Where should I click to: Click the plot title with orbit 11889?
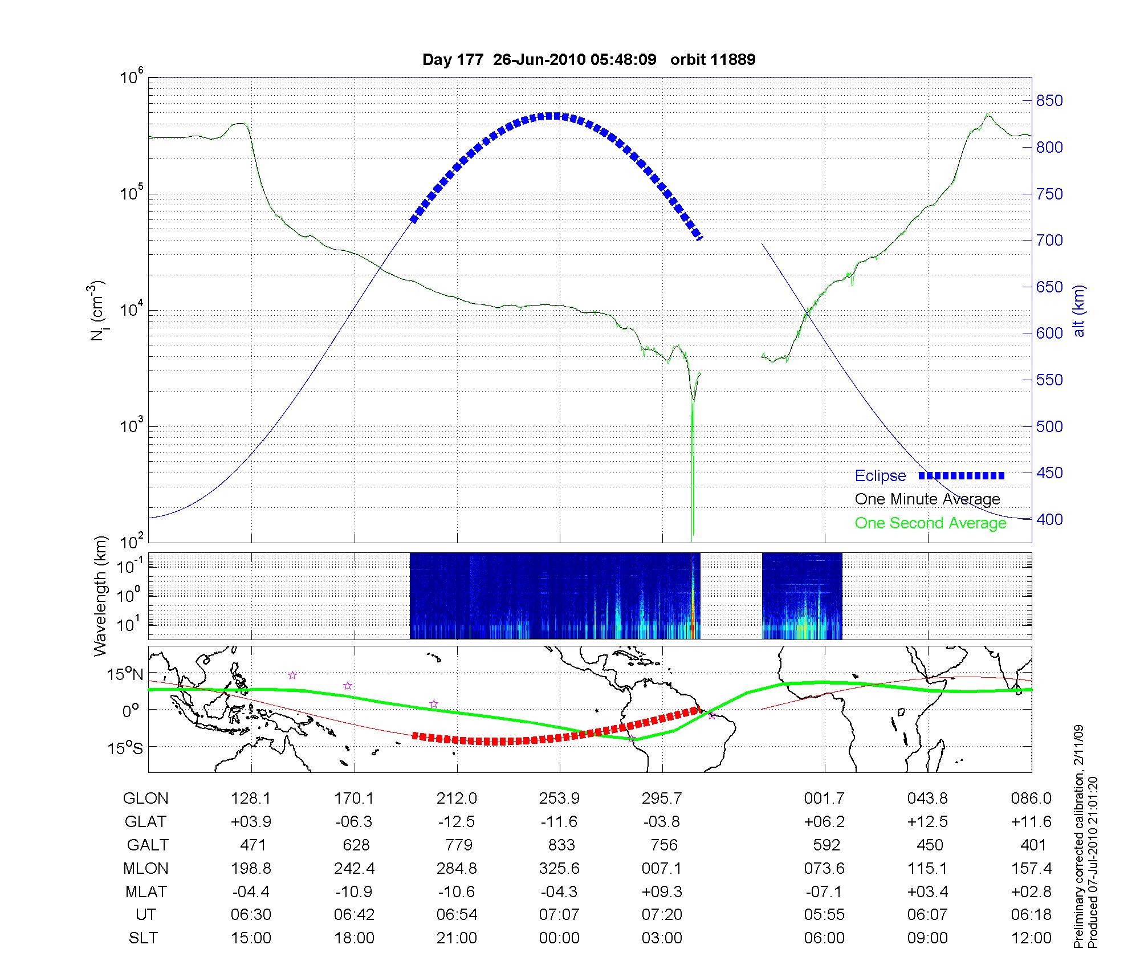coord(589,60)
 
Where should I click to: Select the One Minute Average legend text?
coord(927,499)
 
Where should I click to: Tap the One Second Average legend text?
coord(930,523)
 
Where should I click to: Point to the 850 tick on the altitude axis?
coord(1049,101)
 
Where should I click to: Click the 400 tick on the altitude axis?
coord(1049,520)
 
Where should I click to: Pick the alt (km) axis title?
coord(1079,311)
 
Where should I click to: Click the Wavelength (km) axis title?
coord(101,596)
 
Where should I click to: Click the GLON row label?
coord(145,799)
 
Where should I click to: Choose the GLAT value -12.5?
coord(457,822)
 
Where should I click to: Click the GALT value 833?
coord(561,845)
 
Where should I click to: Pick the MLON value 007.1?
coord(661,869)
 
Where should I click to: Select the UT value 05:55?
coord(824,915)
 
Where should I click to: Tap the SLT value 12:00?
coord(1031,938)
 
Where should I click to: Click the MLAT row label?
coord(145,891)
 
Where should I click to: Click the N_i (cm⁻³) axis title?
coord(98,311)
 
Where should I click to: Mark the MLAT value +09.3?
coord(661,891)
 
